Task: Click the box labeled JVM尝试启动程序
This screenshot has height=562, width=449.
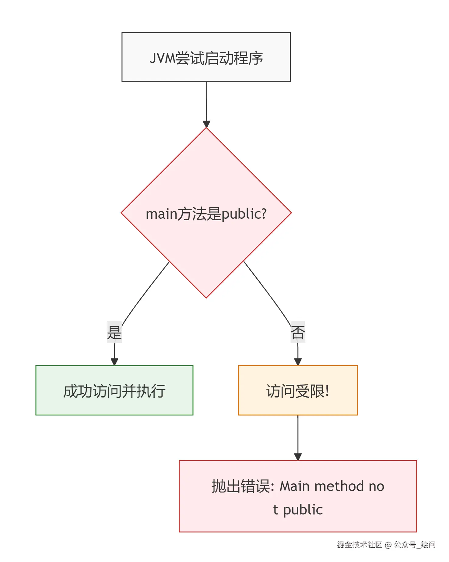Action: point(206,57)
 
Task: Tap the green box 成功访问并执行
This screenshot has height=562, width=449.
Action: point(114,390)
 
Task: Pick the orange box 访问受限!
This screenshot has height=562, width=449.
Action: point(298,390)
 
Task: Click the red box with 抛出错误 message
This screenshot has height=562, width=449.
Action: point(298,496)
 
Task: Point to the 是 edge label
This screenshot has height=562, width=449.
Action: point(114,332)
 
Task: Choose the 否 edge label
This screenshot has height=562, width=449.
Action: point(298,332)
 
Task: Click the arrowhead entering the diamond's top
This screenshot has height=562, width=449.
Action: point(206,124)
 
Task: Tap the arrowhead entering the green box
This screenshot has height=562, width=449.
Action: point(114,362)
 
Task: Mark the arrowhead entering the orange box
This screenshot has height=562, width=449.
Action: point(298,362)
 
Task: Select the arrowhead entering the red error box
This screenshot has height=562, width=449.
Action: point(298,457)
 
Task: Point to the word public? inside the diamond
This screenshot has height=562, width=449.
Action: point(244,214)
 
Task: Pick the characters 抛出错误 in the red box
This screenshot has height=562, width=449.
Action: point(240,486)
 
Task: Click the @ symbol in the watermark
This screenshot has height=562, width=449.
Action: point(388,545)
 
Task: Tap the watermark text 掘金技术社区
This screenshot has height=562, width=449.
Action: point(360,545)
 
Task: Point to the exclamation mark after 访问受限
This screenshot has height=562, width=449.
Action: point(327,391)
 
